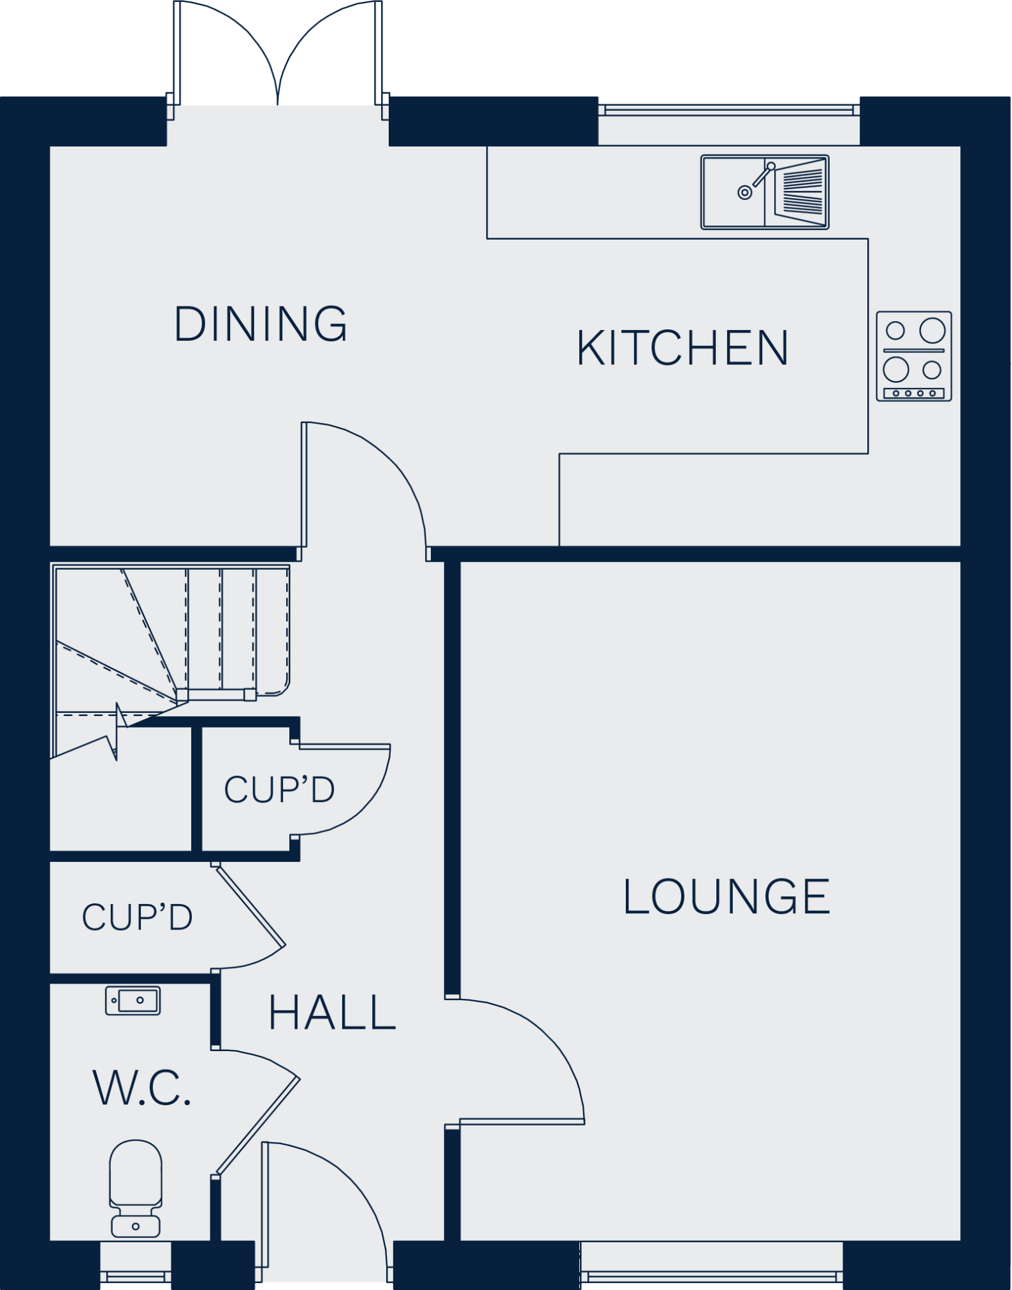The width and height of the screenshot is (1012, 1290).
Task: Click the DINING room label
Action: tap(261, 324)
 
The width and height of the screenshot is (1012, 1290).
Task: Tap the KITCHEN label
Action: tap(683, 348)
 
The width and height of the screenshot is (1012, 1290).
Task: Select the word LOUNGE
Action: tap(726, 897)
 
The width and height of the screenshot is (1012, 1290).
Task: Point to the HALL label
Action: tap(331, 1013)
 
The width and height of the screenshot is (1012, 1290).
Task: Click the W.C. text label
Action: tap(141, 1088)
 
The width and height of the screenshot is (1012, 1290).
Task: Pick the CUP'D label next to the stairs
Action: tap(279, 790)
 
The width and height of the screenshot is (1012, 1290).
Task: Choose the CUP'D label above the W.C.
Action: tap(137, 917)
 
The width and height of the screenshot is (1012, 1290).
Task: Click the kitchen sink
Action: tap(764, 192)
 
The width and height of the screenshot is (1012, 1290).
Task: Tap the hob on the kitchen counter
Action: tap(914, 356)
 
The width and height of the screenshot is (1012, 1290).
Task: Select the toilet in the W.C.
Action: tap(135, 1188)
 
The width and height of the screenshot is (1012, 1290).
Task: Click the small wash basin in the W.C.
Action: tap(133, 1000)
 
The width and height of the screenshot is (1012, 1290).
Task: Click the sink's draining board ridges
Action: tap(801, 192)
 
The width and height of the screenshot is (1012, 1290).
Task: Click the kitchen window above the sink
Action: tap(728, 110)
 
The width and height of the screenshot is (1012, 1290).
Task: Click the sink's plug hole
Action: tap(744, 192)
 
